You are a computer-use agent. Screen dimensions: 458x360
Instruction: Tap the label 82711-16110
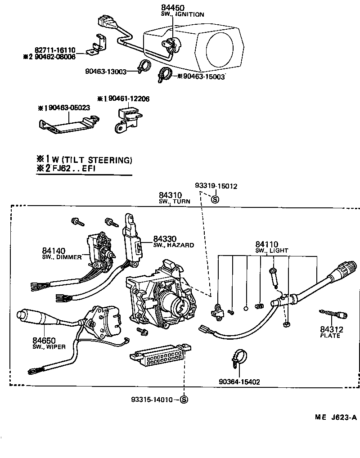(54, 50)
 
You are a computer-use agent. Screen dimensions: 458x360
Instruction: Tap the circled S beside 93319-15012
(215, 199)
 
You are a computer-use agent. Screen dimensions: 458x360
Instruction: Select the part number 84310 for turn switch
(170, 195)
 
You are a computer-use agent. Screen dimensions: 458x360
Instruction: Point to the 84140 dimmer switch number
(54, 251)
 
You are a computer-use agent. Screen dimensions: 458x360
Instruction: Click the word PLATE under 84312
(330, 336)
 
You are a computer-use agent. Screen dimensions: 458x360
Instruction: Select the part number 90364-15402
(239, 382)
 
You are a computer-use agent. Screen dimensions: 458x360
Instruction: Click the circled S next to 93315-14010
(184, 400)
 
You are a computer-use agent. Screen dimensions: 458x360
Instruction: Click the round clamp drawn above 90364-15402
(239, 357)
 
